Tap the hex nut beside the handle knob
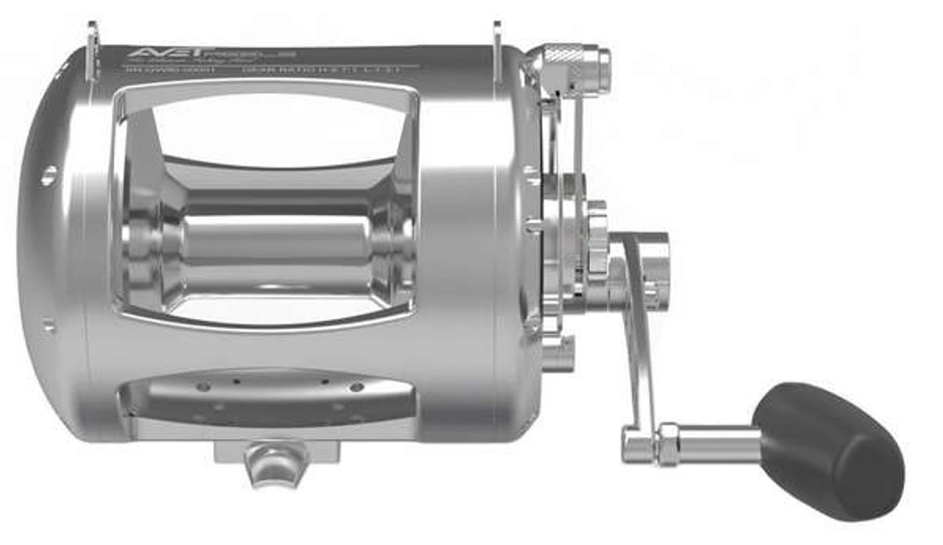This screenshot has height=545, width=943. (x=668, y=443)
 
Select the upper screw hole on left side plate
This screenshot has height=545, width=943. (x=49, y=175)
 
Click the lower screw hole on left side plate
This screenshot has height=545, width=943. (x=49, y=323)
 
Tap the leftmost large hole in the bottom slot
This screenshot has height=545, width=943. (x=203, y=386)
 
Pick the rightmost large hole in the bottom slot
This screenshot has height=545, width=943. (x=357, y=387)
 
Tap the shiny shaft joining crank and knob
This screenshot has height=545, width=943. (x=718, y=443)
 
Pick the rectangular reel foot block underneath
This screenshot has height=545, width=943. (x=277, y=449)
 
